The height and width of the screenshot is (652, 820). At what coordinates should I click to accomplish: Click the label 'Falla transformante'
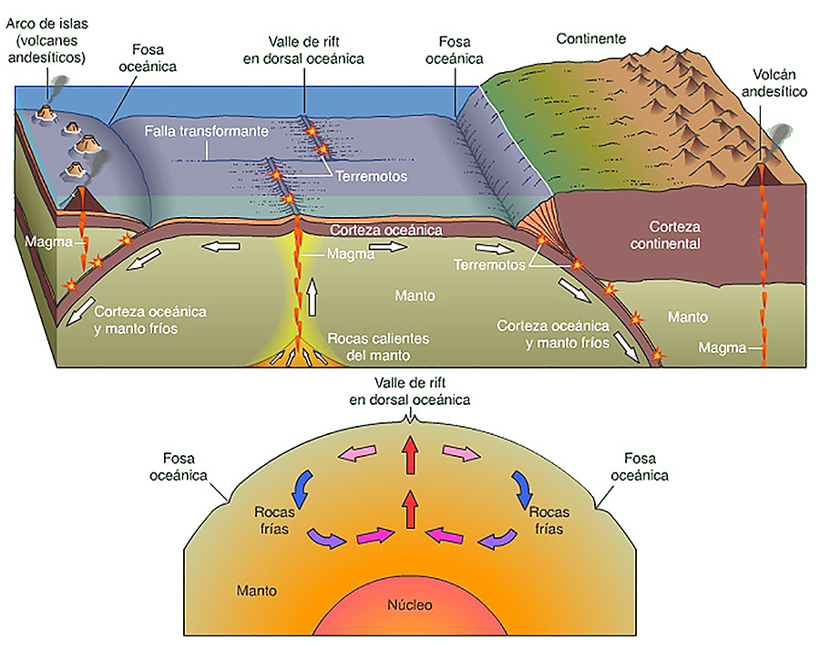(206, 131)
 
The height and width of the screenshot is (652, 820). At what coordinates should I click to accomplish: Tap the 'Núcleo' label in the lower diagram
(410, 605)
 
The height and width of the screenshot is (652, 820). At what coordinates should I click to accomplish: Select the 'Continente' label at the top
(590, 38)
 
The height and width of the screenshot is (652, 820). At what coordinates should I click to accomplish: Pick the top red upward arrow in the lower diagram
(410, 453)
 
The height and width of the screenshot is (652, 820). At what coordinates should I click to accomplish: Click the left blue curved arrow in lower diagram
(302, 488)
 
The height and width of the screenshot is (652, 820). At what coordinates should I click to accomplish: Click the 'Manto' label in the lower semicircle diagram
(256, 590)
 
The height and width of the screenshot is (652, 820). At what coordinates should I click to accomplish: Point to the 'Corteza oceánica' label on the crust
(386, 231)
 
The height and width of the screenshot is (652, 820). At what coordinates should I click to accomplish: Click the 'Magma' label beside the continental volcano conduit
(721, 347)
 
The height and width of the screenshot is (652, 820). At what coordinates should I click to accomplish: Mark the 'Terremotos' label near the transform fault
(371, 176)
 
